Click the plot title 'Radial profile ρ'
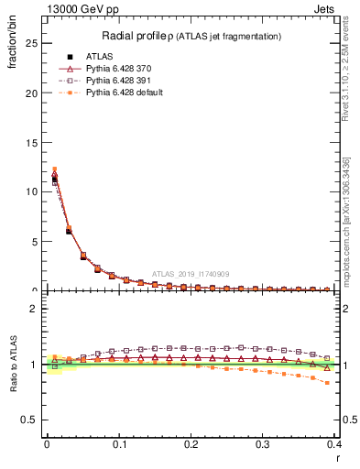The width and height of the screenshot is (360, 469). pos(147,36)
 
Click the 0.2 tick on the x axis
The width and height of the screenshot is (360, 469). pos(191,444)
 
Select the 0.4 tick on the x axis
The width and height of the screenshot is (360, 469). pos(334,444)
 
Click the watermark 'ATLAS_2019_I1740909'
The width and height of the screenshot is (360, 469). pos(192,274)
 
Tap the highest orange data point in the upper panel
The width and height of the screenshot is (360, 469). pos(54,169)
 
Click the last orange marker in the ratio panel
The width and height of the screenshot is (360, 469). pos(327,383)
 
